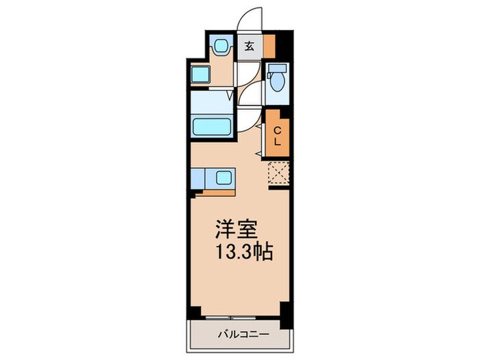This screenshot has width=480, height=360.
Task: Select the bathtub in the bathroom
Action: [212, 126]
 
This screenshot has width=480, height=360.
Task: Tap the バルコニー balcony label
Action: [243, 335]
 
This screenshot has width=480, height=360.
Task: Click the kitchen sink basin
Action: [224, 178]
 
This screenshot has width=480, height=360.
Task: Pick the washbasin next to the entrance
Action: [221, 47]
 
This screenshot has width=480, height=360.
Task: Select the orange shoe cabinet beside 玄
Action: [269, 45]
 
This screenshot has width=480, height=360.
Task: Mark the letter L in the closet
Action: [278, 141]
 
